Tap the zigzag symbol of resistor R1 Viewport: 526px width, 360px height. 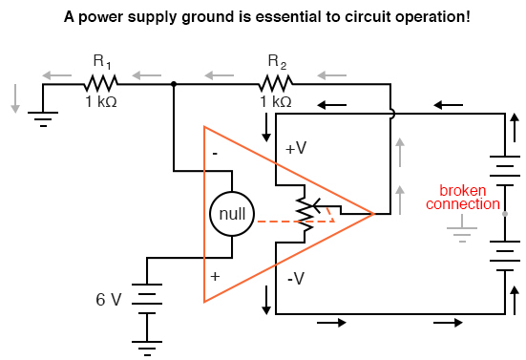[x=100, y=84]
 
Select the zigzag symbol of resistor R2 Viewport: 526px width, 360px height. [x=276, y=84]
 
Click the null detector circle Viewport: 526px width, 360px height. [x=233, y=217]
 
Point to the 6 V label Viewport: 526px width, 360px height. [x=109, y=299]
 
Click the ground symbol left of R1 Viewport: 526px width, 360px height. [x=43, y=115]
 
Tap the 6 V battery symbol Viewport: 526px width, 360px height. [x=148, y=297]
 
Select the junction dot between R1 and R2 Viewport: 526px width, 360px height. [x=173, y=84]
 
